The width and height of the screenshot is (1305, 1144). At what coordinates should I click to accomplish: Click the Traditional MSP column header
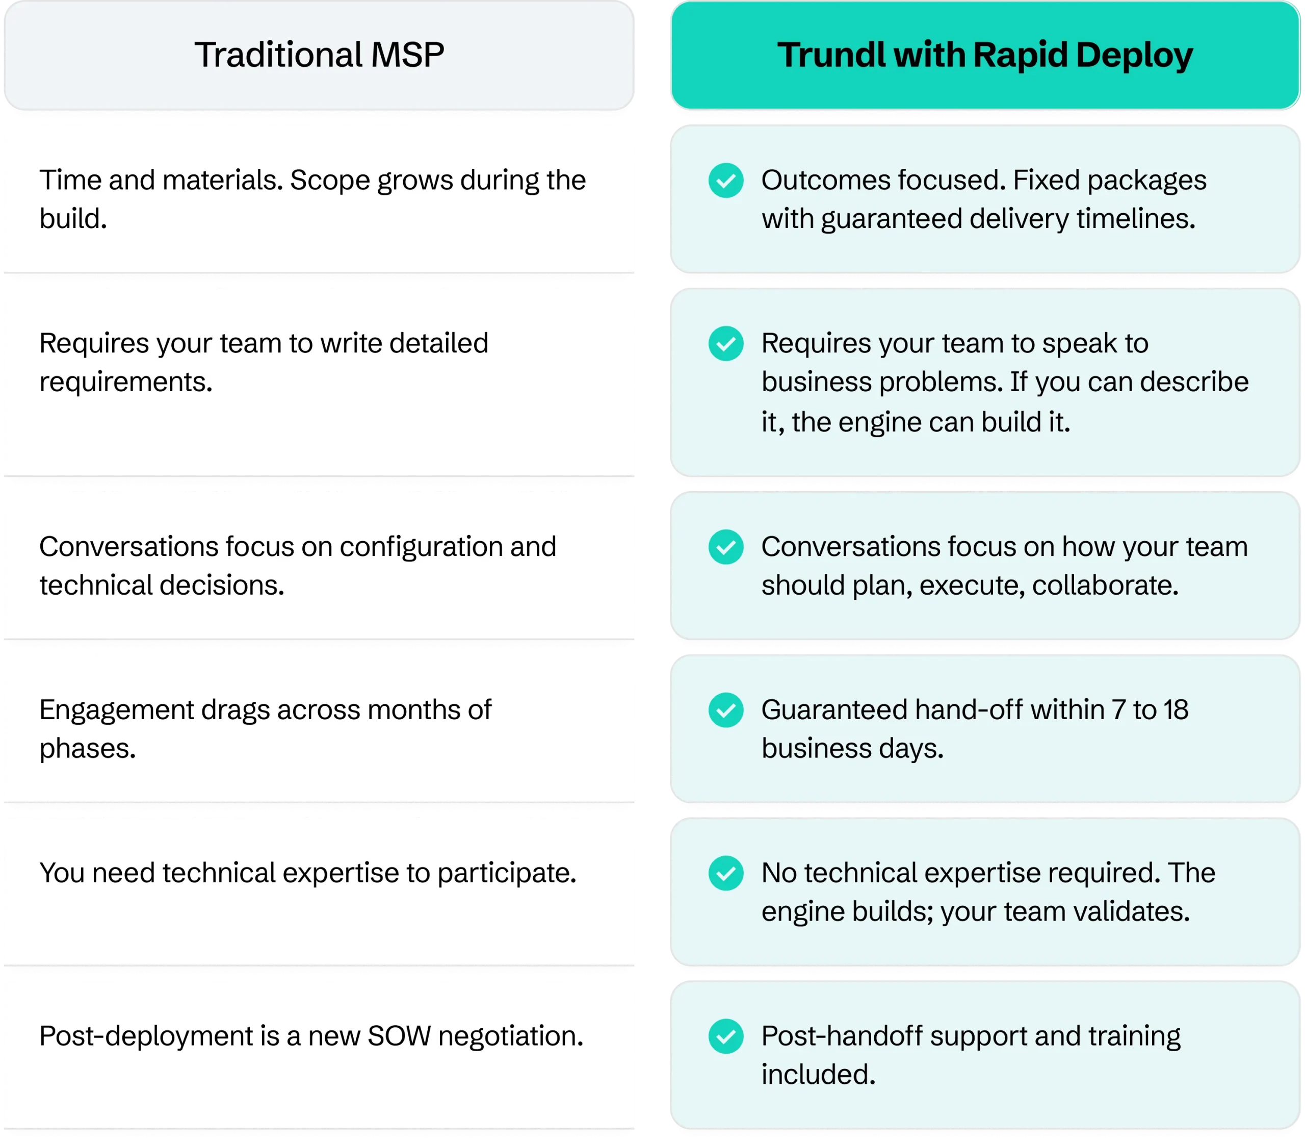pyautogui.click(x=319, y=55)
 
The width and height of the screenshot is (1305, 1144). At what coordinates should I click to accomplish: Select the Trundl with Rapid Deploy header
pyautogui.click(x=985, y=55)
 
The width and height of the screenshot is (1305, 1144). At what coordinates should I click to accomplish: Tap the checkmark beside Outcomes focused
pyautogui.click(x=725, y=180)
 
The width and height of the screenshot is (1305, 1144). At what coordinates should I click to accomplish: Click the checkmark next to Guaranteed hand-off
pyautogui.click(x=725, y=710)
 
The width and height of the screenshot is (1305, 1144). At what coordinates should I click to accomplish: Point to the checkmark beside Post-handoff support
pyautogui.click(x=725, y=1036)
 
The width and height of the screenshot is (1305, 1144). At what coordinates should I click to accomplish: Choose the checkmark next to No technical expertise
pyautogui.click(x=725, y=873)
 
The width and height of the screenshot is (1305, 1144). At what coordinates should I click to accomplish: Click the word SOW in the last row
pyautogui.click(x=399, y=1036)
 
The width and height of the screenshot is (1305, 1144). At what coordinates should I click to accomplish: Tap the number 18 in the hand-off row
pyautogui.click(x=1176, y=710)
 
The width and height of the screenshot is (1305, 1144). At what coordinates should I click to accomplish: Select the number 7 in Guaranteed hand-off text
pyautogui.click(x=1118, y=710)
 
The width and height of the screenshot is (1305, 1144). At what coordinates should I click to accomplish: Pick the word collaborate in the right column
pyautogui.click(x=1105, y=586)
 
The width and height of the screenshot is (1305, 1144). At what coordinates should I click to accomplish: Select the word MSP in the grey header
pyautogui.click(x=407, y=55)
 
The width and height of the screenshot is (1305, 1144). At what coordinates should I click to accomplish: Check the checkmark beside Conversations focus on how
pyautogui.click(x=725, y=547)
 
